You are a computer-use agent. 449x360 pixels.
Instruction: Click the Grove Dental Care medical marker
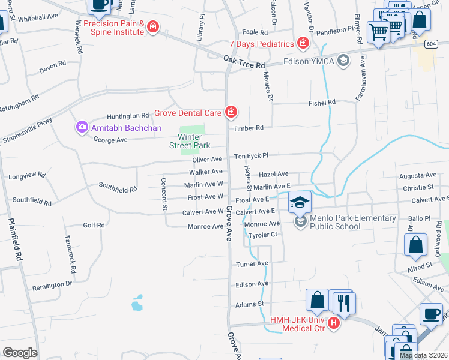coord(230,112)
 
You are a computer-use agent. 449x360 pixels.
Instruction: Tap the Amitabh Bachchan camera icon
coord(82,127)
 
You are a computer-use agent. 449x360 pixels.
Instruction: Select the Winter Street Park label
coord(193,141)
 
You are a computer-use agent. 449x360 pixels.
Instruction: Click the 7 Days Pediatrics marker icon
coord(303,43)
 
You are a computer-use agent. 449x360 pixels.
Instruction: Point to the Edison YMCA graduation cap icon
coord(343,60)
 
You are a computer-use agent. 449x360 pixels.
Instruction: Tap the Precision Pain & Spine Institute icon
coord(154,26)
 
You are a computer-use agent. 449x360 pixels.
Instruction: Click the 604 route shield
coord(430,44)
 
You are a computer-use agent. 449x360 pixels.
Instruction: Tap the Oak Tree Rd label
coord(244,64)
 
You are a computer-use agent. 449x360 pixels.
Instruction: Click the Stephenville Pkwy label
coord(27,130)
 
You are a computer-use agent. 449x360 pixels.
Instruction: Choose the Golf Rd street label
coord(94,225)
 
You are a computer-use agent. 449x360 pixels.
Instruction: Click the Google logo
coord(20,353)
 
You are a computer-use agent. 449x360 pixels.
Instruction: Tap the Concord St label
coord(163,193)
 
